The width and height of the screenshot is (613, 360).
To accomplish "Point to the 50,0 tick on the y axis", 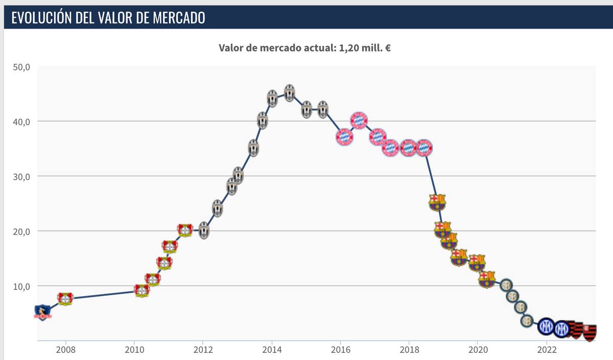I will pos(21,67).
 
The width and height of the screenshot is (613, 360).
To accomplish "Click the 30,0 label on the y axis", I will pos(21,176).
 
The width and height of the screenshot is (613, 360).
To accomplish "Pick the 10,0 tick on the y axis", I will pos(21,286).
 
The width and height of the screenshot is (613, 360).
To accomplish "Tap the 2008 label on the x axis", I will pos(65,351).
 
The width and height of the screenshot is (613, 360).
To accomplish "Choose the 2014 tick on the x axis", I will pos(272,351).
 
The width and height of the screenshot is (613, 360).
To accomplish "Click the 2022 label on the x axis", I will pos(546,351).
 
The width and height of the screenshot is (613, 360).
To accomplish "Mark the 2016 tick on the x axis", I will pos(340,351).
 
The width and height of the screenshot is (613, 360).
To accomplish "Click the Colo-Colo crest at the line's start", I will pos(42,312).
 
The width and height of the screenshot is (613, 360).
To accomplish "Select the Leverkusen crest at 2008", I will pos(65,299).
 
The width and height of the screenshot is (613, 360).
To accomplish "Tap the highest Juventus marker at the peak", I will pos(289,93).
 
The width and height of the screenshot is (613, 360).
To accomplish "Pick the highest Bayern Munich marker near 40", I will pos(359,121).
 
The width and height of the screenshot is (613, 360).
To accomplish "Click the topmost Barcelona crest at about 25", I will pos(437,202).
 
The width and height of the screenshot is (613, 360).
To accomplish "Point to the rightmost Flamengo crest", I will pos(590,332).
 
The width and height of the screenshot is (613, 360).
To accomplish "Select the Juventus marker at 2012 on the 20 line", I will pos(204,231).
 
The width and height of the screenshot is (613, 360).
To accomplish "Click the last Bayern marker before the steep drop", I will pos(425,148).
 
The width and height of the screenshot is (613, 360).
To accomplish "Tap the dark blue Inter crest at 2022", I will pos(546,325).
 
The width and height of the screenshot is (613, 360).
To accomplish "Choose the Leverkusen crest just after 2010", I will pos(142,290).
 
